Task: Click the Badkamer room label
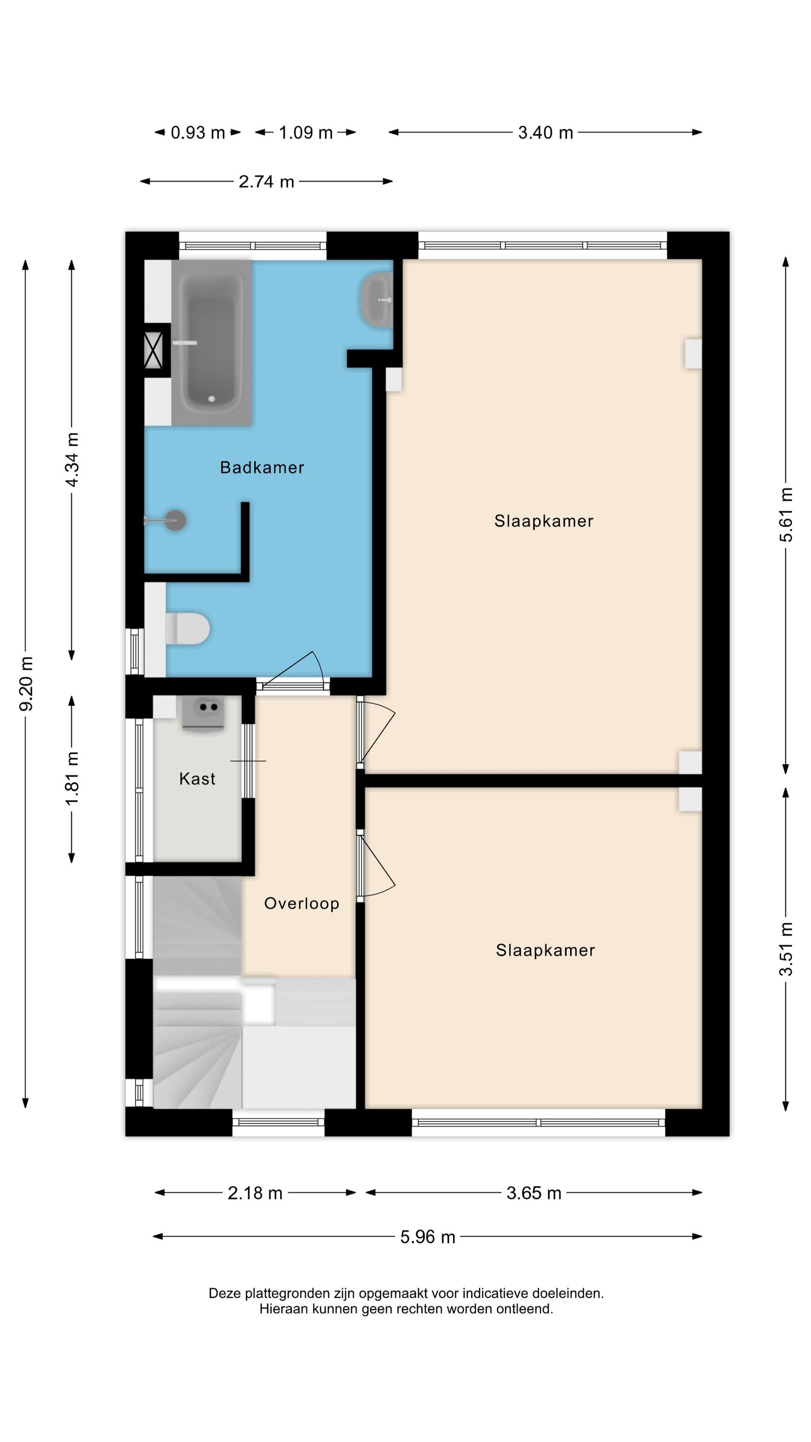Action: [x=262, y=467]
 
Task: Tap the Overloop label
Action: [x=302, y=904]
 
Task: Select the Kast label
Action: [x=197, y=779]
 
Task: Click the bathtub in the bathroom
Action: [x=211, y=343]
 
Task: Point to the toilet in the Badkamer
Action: [x=187, y=628]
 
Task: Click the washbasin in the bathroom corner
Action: [x=378, y=300]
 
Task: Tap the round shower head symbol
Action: [x=175, y=521]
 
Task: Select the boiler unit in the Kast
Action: [x=203, y=713]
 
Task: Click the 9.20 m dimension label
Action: [x=26, y=684]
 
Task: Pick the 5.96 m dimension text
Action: [x=428, y=1237]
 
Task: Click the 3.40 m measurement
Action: [x=546, y=133]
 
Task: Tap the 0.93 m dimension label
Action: [x=197, y=133]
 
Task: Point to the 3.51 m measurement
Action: [x=786, y=949]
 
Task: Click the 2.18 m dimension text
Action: [x=255, y=1193]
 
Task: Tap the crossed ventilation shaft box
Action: [x=153, y=350]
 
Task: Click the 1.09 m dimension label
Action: [x=306, y=133]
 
